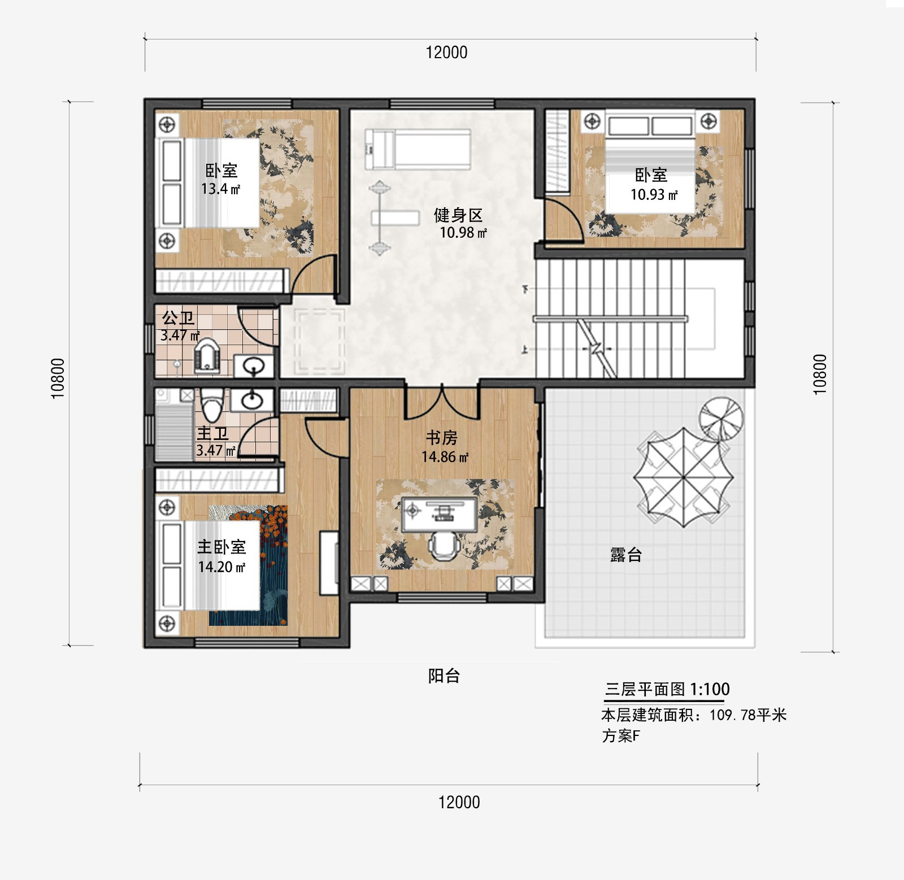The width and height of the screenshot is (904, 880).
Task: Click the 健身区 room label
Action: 458,215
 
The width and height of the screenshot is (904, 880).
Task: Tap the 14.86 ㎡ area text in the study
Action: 445,457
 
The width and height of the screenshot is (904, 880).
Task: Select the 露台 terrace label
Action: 626,555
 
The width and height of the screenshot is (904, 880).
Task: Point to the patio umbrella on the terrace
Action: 683,478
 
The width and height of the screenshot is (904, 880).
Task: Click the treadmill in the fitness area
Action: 418,149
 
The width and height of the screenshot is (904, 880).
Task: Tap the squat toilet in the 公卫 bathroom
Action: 207,356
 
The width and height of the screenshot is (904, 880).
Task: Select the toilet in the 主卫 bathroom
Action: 212,406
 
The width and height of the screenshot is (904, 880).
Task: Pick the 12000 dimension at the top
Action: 446,53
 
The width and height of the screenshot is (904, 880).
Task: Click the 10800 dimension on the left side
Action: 58,378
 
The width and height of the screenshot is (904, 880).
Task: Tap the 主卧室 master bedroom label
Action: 221,547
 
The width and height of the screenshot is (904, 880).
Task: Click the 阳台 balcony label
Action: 444,676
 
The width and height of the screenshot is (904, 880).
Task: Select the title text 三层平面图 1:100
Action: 667,689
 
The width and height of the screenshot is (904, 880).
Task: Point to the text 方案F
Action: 621,736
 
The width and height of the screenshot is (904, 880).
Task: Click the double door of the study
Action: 442,402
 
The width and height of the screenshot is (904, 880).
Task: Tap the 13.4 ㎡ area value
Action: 220,189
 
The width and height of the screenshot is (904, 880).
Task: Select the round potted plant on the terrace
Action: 720,418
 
